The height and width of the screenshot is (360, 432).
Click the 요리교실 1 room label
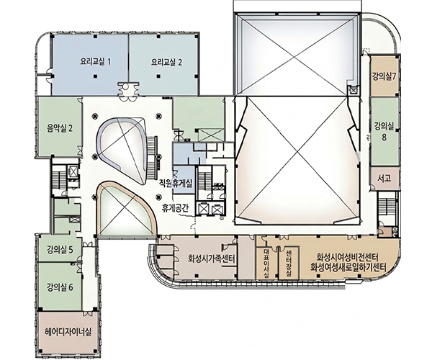(95, 62)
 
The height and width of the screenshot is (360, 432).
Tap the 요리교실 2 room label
(167, 63)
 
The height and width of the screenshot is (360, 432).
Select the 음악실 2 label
(60, 128)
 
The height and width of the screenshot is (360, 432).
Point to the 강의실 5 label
(60, 251)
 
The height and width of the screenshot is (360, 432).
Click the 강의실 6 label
(60, 287)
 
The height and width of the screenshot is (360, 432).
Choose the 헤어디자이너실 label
(68, 332)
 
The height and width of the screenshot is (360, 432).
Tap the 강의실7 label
(384, 76)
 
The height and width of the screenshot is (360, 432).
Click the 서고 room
(384, 179)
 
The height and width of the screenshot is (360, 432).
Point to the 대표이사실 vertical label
(266, 263)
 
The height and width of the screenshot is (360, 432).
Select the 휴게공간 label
(175, 208)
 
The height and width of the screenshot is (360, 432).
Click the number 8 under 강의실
(384, 138)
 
